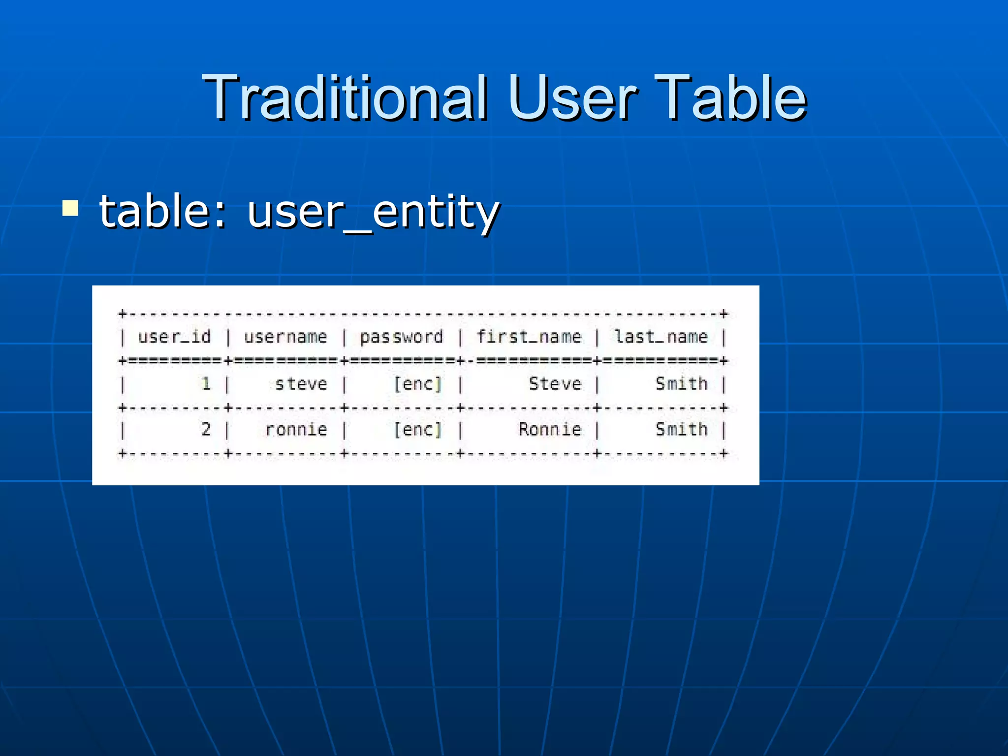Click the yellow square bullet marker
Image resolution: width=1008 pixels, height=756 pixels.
pyautogui.click(x=70, y=208)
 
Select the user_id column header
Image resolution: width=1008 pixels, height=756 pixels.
pyautogui.click(x=174, y=337)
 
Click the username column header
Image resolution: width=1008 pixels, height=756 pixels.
pyautogui.click(x=285, y=337)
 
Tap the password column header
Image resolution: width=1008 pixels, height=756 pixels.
pyautogui.click(x=401, y=337)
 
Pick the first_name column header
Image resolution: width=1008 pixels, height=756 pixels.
pyautogui.click(x=529, y=337)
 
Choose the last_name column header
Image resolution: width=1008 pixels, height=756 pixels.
pyautogui.click(x=661, y=337)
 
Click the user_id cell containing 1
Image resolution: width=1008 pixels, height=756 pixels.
pyautogui.click(x=206, y=384)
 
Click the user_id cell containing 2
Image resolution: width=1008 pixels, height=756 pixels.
pyautogui.click(x=206, y=430)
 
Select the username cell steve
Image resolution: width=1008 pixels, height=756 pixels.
pyautogui.click(x=301, y=384)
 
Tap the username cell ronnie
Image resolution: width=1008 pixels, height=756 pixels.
pyautogui.click(x=296, y=430)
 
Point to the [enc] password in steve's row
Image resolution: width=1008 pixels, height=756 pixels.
pyautogui.click(x=417, y=384)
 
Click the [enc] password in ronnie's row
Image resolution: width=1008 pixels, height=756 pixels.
pyautogui.click(x=417, y=430)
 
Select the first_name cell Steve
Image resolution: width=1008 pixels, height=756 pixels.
pyautogui.click(x=555, y=384)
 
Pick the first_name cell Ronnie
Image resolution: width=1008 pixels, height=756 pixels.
pyautogui.click(x=550, y=430)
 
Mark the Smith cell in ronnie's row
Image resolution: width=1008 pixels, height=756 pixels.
pyautogui.click(x=681, y=430)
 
